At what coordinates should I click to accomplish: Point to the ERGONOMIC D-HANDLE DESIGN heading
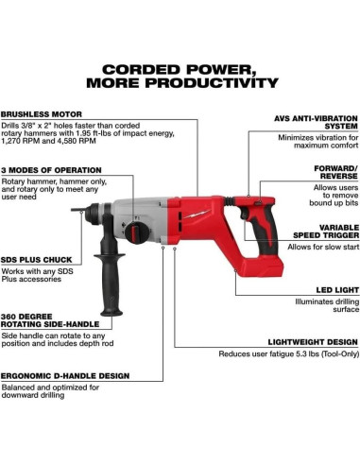pyautogui.click(x=63, y=376)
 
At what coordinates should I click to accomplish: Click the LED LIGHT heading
pyautogui.click(x=334, y=289)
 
